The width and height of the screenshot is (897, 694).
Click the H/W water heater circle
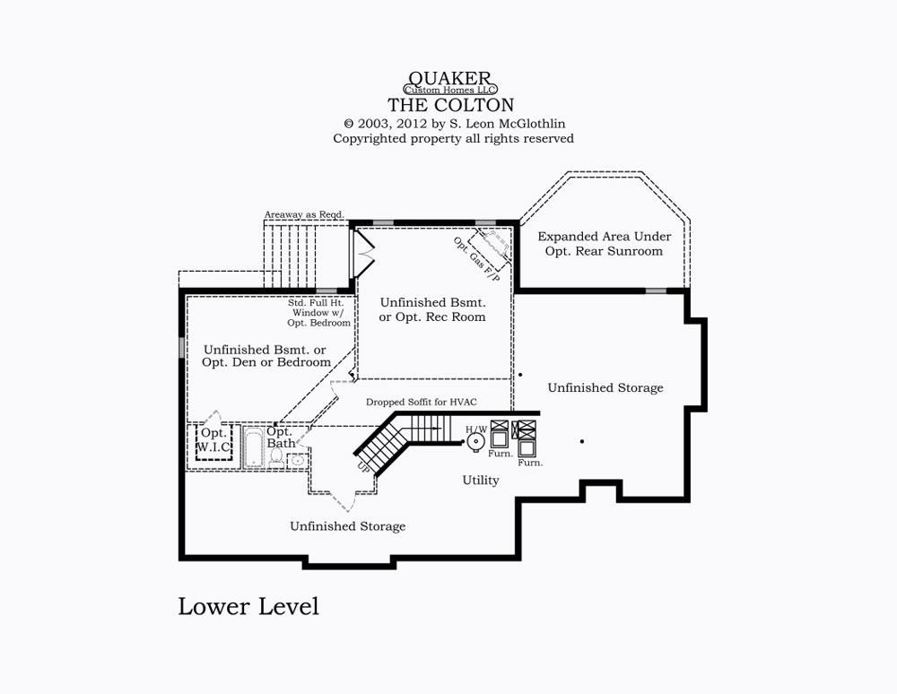tap(476, 442)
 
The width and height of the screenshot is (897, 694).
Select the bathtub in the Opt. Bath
tap(254, 448)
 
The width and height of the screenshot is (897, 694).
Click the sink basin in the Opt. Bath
tap(297, 460)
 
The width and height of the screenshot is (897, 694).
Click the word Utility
tap(481, 481)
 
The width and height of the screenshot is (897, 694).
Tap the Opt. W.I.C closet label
tap(214, 440)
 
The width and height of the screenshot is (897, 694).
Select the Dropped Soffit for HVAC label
tap(421, 402)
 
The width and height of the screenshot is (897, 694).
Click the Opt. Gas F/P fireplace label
tap(476, 259)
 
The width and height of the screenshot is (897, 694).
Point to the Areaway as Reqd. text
tap(304, 214)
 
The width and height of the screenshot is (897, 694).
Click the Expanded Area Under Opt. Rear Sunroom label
tap(604, 244)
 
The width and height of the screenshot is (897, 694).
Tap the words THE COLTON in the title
tap(451, 105)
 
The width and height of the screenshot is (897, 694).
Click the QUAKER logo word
tap(449, 78)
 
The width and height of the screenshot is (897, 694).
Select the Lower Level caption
tap(248, 606)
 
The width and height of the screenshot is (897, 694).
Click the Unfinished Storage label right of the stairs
tap(605, 387)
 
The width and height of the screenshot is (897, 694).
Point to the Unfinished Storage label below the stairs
tap(348, 526)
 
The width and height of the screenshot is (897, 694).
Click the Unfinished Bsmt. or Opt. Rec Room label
tap(432, 309)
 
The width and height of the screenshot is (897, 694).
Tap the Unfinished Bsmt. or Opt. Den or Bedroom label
tap(266, 356)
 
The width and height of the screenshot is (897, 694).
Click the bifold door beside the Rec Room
tap(363, 253)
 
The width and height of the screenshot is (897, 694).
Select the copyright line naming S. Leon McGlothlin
tap(454, 124)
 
